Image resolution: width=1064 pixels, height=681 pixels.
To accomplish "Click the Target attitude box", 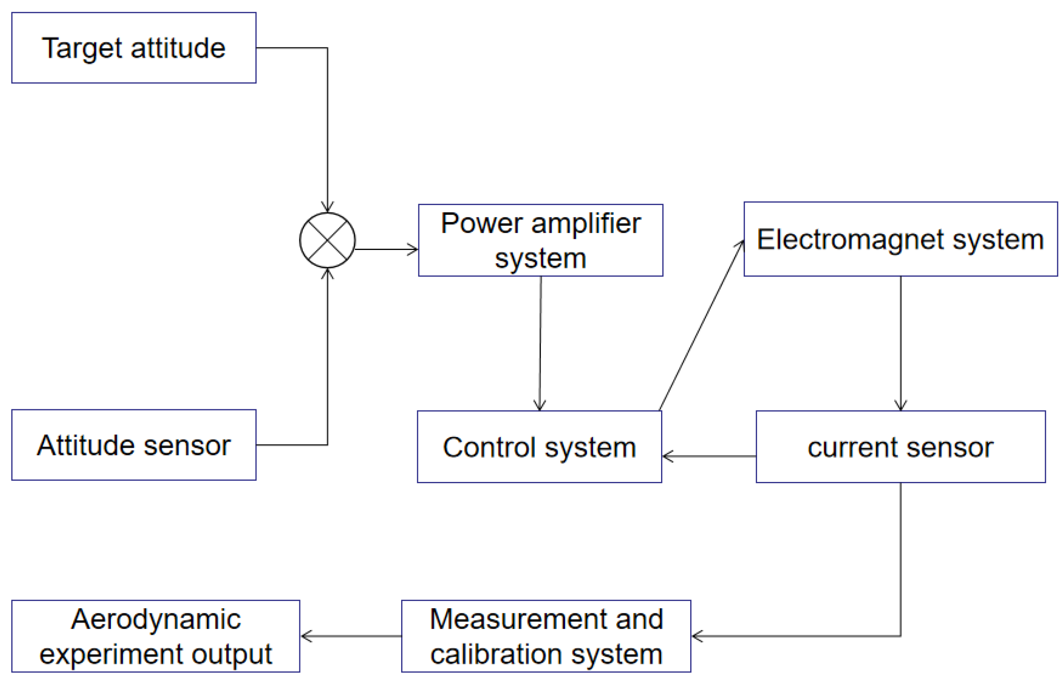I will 134,48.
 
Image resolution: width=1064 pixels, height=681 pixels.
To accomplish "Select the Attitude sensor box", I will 134,445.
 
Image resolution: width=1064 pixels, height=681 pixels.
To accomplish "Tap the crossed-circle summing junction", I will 327,241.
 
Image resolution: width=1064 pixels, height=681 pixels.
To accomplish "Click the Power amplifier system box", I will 540,241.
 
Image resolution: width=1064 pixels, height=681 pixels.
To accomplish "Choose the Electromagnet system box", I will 900,240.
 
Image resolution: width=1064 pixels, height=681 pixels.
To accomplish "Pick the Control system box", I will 539,447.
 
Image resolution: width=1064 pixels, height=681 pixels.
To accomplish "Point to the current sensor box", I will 900,447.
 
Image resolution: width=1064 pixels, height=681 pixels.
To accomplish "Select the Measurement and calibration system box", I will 546,636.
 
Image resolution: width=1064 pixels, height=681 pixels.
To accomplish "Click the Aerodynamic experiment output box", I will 156,636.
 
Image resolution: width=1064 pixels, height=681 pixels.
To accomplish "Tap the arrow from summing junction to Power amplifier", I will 386,250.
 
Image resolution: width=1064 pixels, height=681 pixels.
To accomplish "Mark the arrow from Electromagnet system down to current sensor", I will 900,343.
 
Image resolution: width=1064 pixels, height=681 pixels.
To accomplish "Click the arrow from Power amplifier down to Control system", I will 540,343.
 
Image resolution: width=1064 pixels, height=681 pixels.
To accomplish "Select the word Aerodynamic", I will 156,619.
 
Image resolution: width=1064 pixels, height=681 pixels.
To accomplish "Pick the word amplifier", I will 586,223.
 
